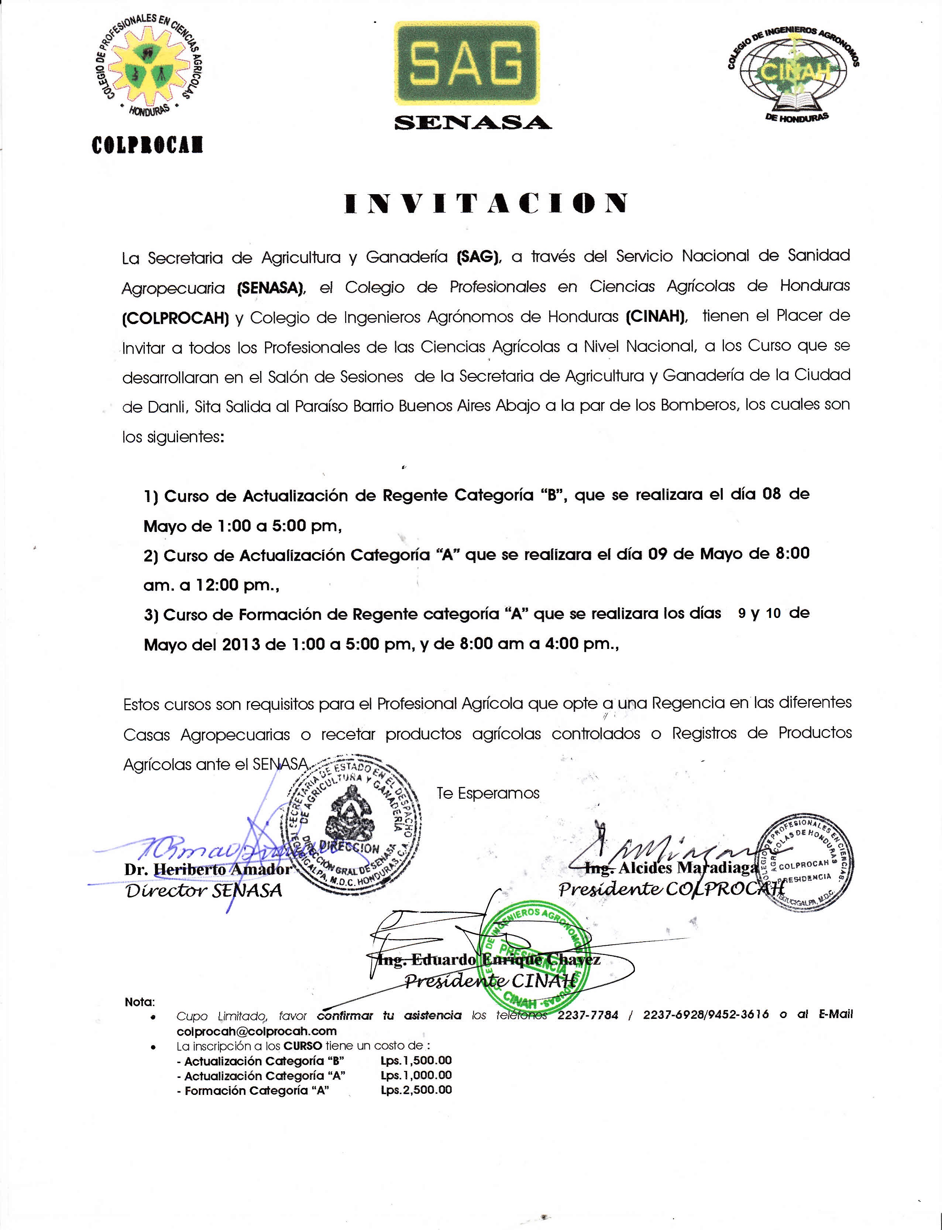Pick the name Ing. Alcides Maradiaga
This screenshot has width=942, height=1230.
click(671, 868)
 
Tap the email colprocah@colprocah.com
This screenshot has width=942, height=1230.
click(257, 1031)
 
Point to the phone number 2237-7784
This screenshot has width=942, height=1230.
click(588, 1015)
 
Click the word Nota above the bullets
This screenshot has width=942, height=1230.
click(140, 1002)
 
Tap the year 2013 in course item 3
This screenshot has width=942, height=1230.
click(241, 645)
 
